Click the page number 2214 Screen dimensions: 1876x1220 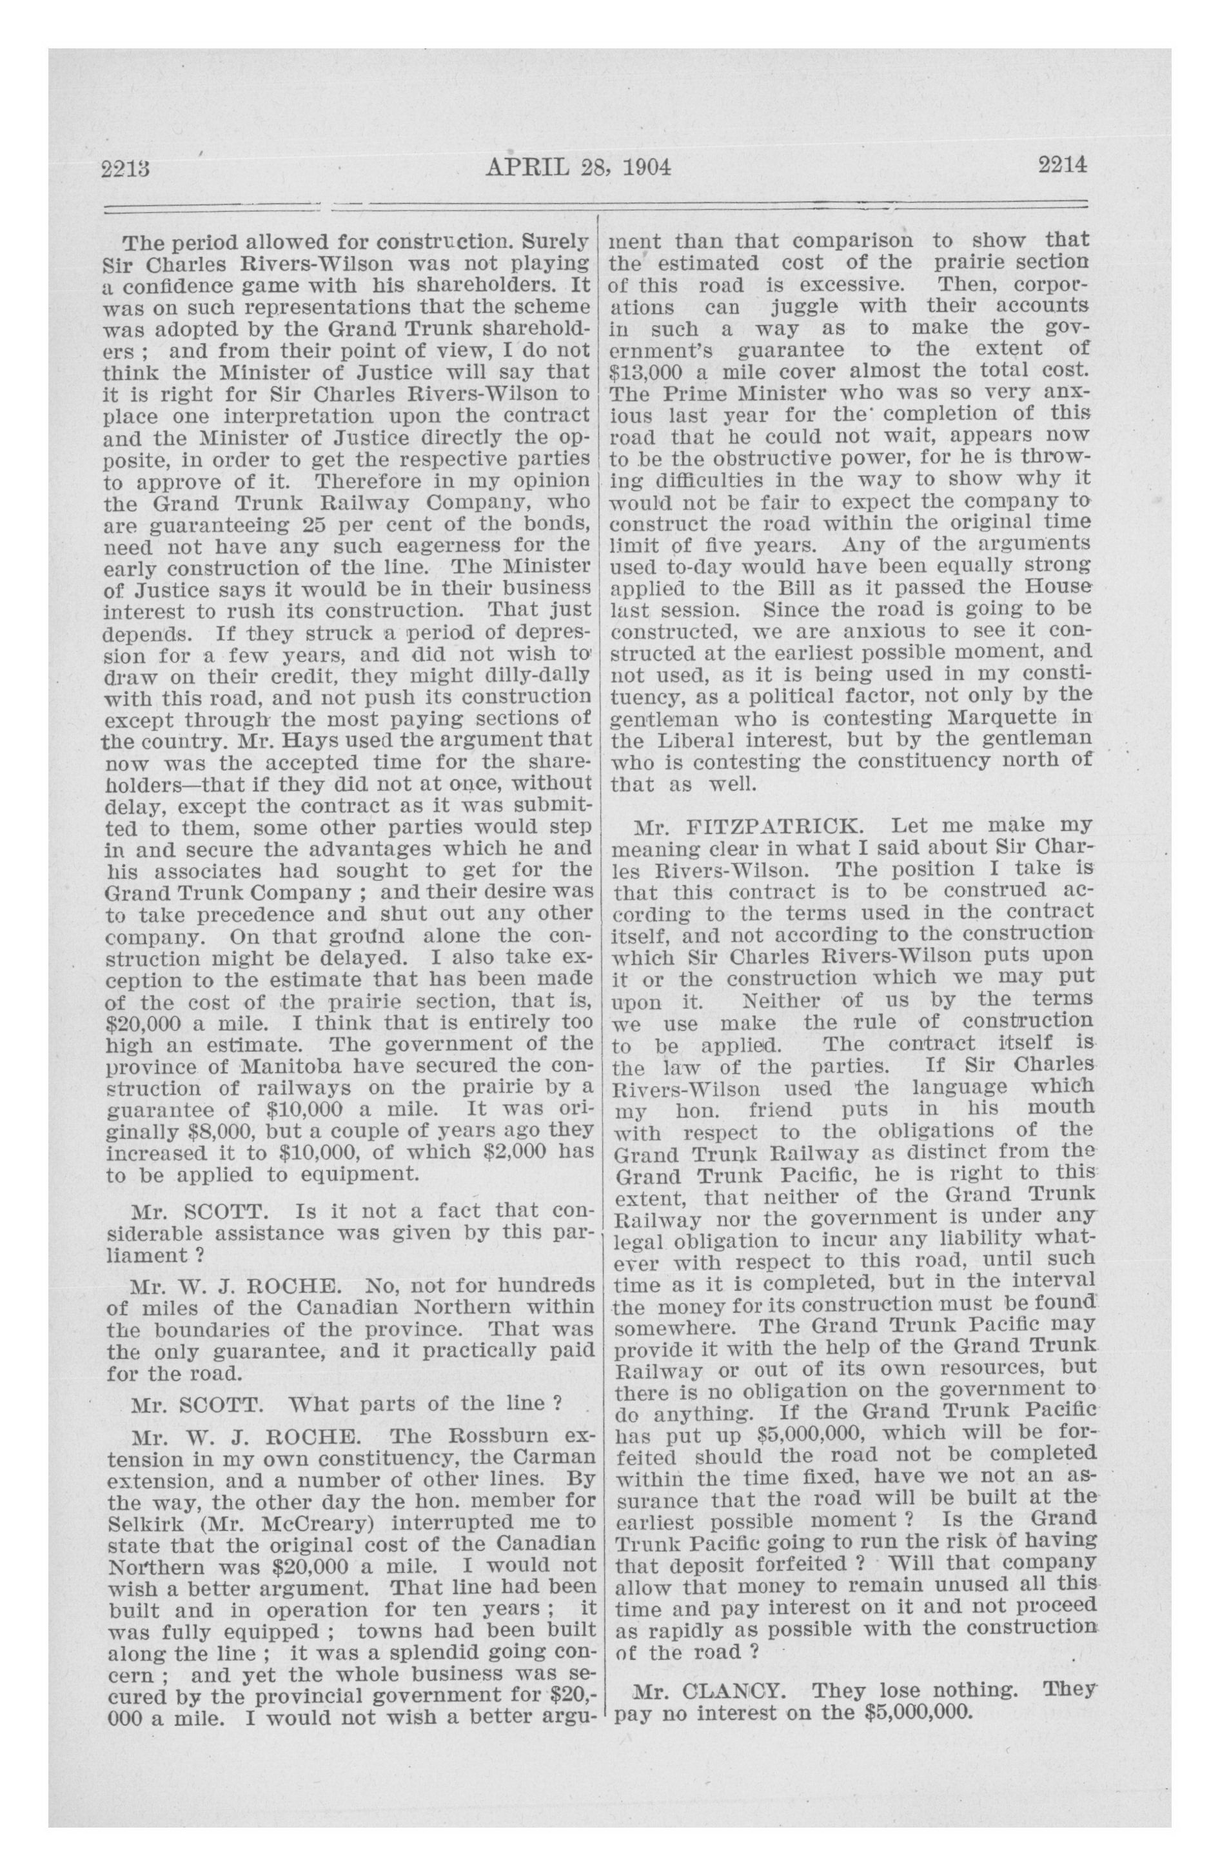coord(1061,166)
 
